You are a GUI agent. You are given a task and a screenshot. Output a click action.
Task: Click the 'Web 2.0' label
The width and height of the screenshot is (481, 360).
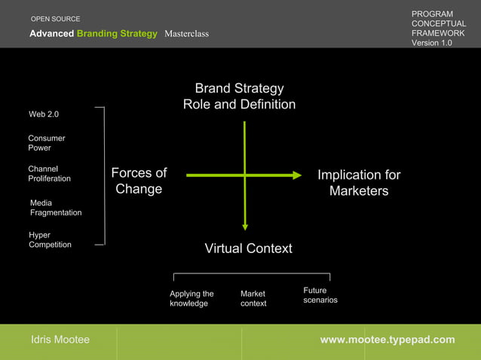(x=44, y=114)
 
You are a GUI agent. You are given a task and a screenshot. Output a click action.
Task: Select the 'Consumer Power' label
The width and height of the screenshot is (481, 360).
(x=47, y=143)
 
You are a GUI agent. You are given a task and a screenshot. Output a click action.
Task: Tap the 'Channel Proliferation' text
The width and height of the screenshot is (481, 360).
(x=49, y=174)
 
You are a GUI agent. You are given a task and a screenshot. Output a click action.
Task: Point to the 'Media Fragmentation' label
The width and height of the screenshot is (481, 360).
(x=55, y=208)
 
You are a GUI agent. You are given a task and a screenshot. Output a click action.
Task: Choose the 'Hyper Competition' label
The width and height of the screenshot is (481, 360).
(x=50, y=239)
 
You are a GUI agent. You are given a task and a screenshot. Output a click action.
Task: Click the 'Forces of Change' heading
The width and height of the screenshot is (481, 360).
(x=139, y=182)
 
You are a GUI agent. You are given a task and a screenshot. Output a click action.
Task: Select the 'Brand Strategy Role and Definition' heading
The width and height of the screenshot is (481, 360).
(x=239, y=96)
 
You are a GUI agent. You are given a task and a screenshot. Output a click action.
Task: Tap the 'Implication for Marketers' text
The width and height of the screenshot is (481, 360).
(x=359, y=183)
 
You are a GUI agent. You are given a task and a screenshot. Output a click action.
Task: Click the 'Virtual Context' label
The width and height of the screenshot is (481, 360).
(x=248, y=249)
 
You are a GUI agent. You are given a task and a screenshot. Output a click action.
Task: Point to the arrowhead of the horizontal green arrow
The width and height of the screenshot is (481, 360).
(x=297, y=175)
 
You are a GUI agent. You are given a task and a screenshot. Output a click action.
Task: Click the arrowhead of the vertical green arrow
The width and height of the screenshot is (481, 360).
(x=244, y=224)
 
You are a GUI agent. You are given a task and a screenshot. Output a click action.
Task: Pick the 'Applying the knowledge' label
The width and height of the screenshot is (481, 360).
(x=191, y=298)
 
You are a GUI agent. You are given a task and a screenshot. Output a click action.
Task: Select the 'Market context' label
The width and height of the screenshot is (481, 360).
(x=253, y=298)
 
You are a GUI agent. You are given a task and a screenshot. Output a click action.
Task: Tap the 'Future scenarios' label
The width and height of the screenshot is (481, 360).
(x=320, y=295)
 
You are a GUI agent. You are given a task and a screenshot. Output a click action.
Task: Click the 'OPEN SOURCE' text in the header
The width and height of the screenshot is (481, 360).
(x=55, y=19)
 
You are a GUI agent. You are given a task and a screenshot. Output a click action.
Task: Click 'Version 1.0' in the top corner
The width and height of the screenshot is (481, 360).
(x=431, y=43)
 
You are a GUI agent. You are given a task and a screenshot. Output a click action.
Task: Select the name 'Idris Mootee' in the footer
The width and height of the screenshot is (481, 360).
(x=60, y=340)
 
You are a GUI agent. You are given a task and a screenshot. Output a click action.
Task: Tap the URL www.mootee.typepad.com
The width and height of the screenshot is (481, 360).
(x=388, y=340)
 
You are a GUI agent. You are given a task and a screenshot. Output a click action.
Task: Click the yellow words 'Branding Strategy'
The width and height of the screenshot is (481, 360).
(x=117, y=34)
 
